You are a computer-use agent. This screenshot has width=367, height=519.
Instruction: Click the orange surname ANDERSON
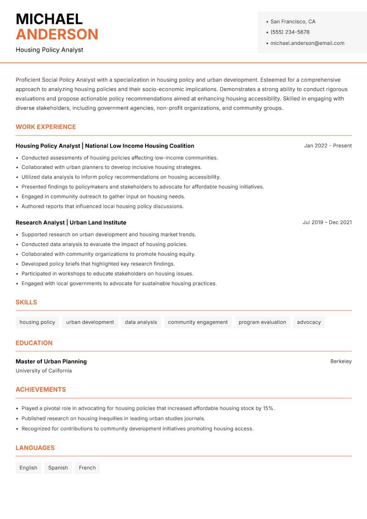[x=57, y=34]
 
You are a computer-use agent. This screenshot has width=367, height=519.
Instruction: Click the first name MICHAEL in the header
[x=49, y=19]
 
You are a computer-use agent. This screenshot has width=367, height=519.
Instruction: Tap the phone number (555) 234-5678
[x=290, y=32]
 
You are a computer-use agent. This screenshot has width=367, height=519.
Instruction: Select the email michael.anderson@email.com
[x=307, y=43]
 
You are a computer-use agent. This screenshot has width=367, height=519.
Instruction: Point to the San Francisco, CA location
[x=293, y=22]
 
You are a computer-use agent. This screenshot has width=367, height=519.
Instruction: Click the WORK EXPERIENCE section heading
[x=46, y=127]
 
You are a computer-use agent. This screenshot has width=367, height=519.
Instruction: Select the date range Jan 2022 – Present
[x=328, y=146]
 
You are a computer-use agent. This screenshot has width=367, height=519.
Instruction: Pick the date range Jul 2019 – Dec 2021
[x=327, y=222]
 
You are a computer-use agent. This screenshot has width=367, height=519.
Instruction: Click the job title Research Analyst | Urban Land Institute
[x=71, y=222]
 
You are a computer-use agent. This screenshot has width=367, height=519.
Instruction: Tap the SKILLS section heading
[x=26, y=302]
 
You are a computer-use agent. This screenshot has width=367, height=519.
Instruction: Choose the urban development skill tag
[x=90, y=322]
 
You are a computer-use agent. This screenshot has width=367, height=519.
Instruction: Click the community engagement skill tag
[x=198, y=322]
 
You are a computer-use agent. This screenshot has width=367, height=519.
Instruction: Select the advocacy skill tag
[x=309, y=322]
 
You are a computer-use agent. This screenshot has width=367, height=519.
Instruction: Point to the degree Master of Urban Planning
[x=51, y=361]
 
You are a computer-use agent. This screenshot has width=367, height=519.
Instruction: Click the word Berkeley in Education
[x=341, y=361]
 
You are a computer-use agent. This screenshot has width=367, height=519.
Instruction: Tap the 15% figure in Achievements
[x=268, y=408]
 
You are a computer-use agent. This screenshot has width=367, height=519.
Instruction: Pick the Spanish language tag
[x=58, y=468]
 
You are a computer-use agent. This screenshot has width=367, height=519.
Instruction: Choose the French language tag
[x=87, y=468]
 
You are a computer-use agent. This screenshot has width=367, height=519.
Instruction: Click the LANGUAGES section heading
[x=35, y=448]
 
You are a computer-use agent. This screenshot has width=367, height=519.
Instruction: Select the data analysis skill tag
[x=141, y=322]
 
